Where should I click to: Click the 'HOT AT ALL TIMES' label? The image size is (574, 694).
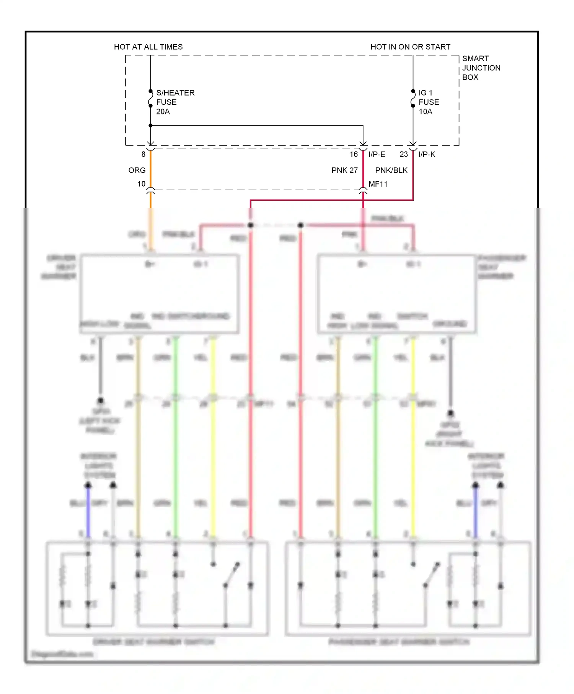click(x=148, y=47)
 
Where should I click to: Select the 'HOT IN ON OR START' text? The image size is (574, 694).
click(x=410, y=47)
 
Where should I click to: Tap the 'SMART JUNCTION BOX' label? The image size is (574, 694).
click(x=481, y=68)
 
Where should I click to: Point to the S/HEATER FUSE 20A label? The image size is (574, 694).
click(x=175, y=102)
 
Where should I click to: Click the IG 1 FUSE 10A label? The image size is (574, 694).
click(x=429, y=102)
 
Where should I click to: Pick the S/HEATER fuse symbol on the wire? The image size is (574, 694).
click(x=151, y=98)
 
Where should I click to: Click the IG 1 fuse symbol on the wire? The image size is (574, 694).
click(x=413, y=98)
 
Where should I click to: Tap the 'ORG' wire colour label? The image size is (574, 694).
click(x=137, y=170)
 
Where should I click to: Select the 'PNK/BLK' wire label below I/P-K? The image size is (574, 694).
click(x=391, y=170)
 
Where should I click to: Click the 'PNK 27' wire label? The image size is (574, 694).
click(x=344, y=170)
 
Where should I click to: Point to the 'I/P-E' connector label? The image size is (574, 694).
click(x=377, y=154)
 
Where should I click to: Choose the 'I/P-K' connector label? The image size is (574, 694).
click(x=427, y=154)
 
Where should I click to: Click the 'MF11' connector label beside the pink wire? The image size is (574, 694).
click(x=378, y=184)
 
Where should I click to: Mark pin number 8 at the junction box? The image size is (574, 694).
click(x=143, y=154)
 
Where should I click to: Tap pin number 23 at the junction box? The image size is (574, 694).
click(x=404, y=154)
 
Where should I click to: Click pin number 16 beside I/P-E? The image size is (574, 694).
click(x=354, y=154)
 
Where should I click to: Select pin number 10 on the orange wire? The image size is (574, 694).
click(x=142, y=184)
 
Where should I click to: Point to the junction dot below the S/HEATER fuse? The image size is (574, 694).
click(x=151, y=125)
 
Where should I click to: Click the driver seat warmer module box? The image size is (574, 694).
click(x=160, y=293)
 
